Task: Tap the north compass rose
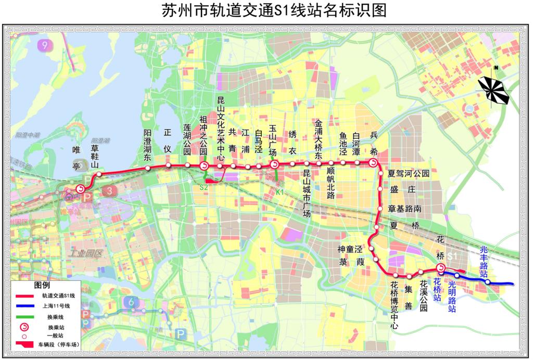coord(494,89)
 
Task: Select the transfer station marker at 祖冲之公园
coord(204,165)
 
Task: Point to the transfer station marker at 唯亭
coord(80,189)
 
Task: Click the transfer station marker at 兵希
coord(373,163)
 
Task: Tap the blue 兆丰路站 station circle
coord(488,282)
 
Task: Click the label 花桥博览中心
coord(395,305)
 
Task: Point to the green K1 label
coord(279,192)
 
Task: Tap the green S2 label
coord(204,187)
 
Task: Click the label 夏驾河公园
coord(409,174)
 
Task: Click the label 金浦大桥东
coord(319,138)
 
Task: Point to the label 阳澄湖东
coord(148,143)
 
